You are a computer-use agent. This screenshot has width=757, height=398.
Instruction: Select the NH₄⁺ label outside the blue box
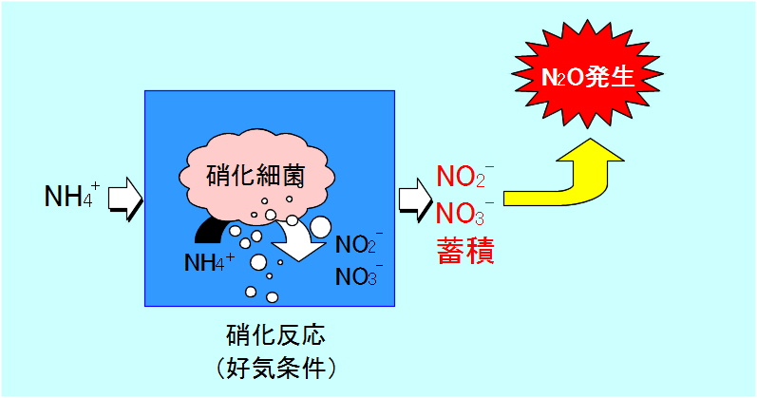coord(71,198)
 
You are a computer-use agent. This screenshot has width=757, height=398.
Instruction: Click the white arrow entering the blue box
coord(124,199)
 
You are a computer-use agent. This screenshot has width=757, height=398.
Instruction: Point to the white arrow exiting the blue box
coord(414,199)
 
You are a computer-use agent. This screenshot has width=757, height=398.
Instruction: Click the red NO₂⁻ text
coord(464,178)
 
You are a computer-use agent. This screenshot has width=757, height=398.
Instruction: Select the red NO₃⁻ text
coord(464,211)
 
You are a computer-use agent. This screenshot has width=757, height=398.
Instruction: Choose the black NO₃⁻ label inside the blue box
coord(359,277)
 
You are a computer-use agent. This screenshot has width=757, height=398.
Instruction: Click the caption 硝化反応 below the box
coord(267,335)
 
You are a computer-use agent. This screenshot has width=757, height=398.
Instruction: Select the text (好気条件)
coord(267,366)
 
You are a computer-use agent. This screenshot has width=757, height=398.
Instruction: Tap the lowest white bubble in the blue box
coord(252,291)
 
